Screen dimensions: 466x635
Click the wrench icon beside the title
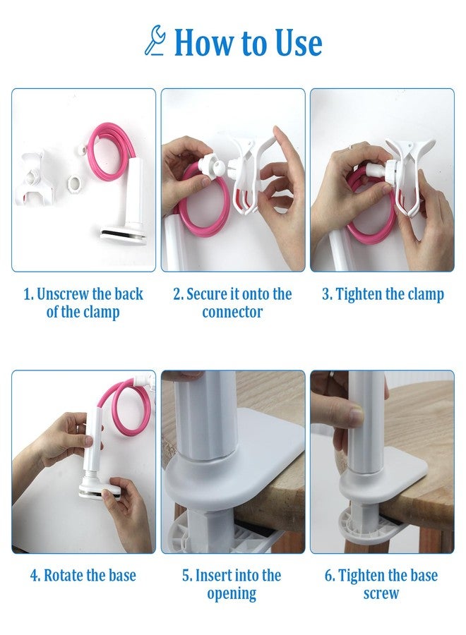click(155, 40)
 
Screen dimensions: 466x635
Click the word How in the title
click(205, 43)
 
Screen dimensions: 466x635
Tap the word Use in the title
click(298, 43)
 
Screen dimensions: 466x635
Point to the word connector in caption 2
click(232, 313)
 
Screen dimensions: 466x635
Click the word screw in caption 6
click(381, 593)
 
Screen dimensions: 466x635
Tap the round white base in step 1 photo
click(121, 235)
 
